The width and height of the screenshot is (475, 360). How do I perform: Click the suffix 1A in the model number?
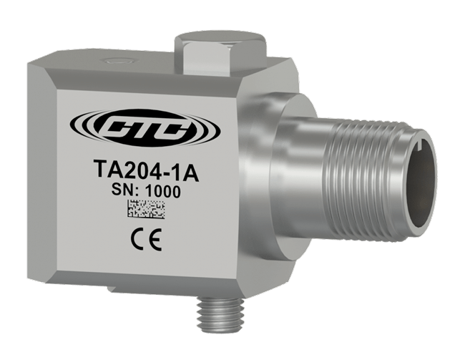point(183,174)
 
